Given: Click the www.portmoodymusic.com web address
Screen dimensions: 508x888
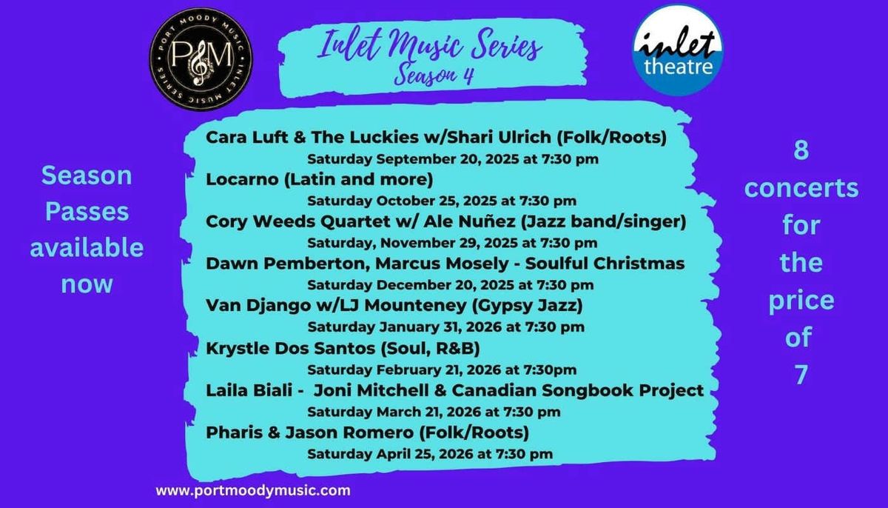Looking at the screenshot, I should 253,489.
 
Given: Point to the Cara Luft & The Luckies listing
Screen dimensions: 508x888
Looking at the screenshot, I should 437,138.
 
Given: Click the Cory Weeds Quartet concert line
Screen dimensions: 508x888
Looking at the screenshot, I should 446,221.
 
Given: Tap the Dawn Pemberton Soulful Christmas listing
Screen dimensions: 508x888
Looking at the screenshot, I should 445,264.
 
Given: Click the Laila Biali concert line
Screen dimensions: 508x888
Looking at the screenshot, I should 454,390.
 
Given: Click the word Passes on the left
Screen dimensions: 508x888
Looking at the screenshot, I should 87,213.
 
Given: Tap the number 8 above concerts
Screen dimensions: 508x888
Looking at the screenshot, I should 801,152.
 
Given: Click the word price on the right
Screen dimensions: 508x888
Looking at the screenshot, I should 801,301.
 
